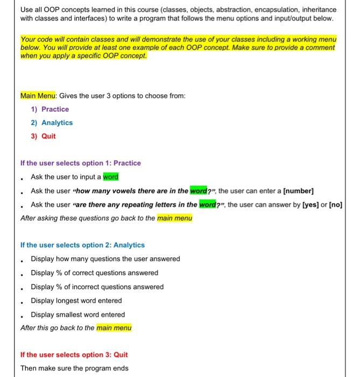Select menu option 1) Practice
(50, 109)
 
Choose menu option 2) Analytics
(52, 123)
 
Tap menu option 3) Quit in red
(43, 136)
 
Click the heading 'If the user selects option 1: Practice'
(80, 163)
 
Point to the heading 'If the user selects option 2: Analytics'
(82, 245)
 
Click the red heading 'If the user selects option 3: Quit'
(74, 354)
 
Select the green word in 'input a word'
(110, 177)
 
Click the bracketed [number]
(298, 191)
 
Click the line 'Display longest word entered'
(76, 301)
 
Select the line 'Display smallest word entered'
(77, 315)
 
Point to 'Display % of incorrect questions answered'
(97, 287)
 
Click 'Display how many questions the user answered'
(105, 259)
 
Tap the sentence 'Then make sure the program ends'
(74, 368)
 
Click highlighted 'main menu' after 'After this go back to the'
(114, 327)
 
